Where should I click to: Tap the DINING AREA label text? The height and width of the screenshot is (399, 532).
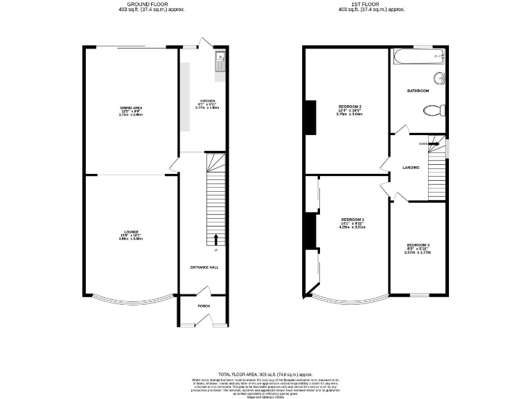[131, 108]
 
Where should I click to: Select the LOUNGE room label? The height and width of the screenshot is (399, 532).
[131, 231]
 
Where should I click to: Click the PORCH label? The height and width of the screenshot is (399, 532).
[204, 306]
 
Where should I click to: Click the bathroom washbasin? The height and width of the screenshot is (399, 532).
[438, 78]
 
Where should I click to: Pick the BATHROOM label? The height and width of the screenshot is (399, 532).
[418, 91]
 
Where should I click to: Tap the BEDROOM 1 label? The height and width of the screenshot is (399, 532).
[353, 220]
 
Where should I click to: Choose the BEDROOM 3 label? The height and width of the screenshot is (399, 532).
[418, 245]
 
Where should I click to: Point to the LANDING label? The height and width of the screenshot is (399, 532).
[411, 167]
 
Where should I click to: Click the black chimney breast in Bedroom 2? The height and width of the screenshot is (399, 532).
[310, 118]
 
